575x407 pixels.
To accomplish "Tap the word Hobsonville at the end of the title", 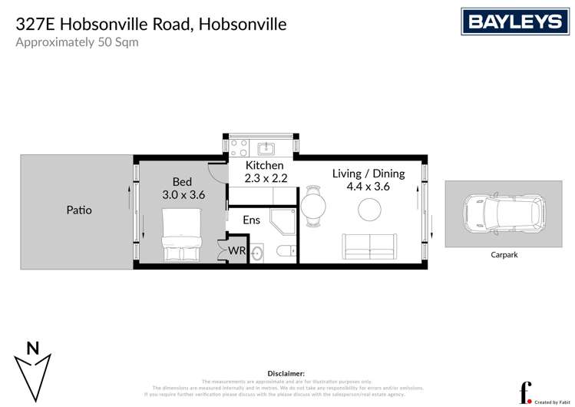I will click(243, 24).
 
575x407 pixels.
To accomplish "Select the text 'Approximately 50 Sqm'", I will click(78, 42).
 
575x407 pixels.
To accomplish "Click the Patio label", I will click(78, 209).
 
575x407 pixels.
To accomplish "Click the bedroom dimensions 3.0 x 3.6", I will click(183, 195).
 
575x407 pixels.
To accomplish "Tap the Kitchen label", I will click(264, 165).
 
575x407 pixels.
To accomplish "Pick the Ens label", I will click(251, 220).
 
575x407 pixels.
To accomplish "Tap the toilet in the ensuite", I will click(286, 250).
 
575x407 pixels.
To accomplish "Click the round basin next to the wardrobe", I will click(258, 253).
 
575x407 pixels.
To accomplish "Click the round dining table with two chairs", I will click(313, 206).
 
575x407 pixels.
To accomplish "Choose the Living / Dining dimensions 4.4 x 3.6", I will click(368, 187).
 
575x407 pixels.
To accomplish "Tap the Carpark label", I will click(504, 254).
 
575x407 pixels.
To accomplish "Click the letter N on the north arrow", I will click(33, 348).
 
